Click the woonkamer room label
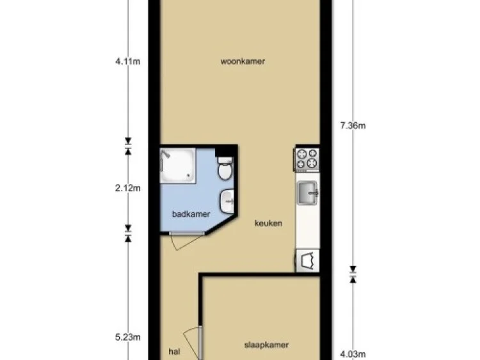point(243,62)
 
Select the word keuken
point(269,224)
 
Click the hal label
point(173,351)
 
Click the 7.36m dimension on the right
point(352,125)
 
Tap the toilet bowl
point(225,169)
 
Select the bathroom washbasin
point(228,202)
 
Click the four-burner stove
point(307,159)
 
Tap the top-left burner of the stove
point(301,154)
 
